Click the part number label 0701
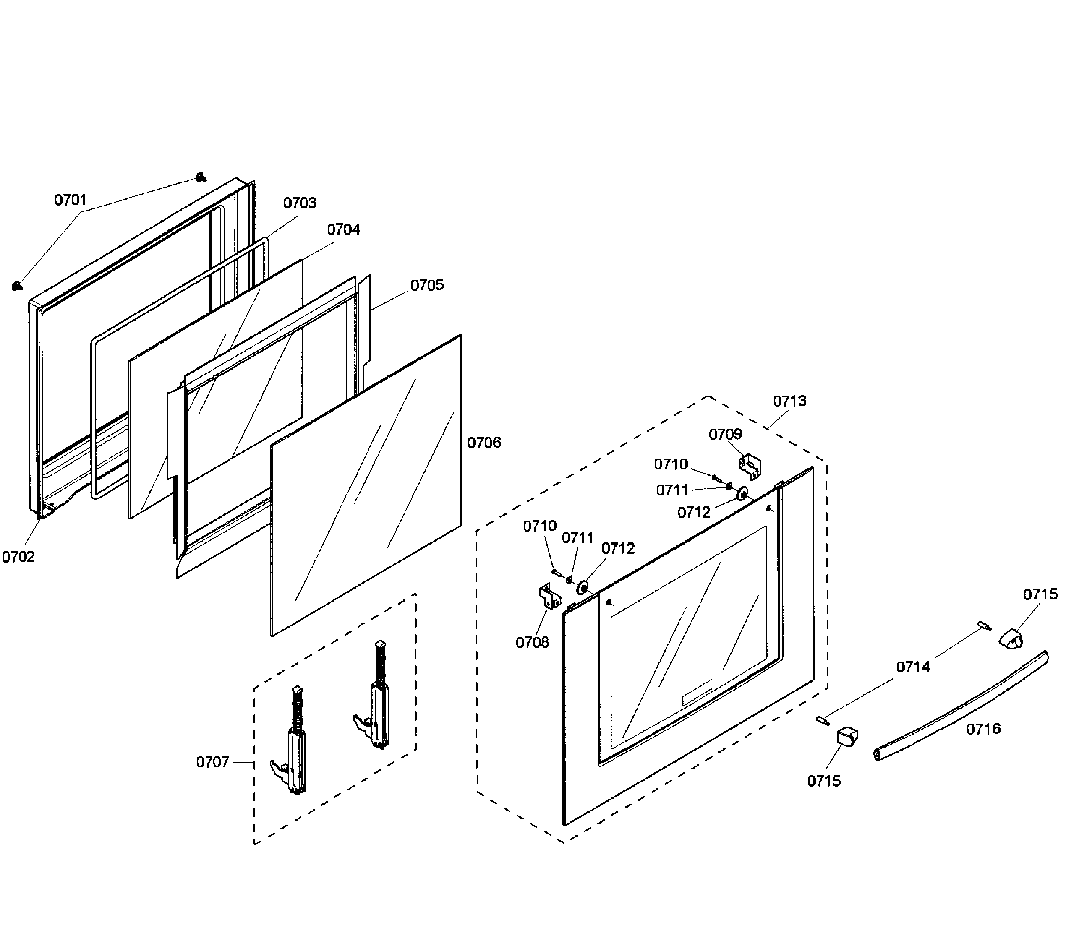(71, 200)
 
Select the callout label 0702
(18, 557)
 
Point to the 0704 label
(343, 229)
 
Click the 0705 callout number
(427, 285)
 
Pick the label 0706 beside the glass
(484, 443)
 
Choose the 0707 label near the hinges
(212, 762)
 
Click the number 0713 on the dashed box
(789, 401)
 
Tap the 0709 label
(725, 434)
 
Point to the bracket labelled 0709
(750, 466)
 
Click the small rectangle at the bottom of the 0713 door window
(697, 693)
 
